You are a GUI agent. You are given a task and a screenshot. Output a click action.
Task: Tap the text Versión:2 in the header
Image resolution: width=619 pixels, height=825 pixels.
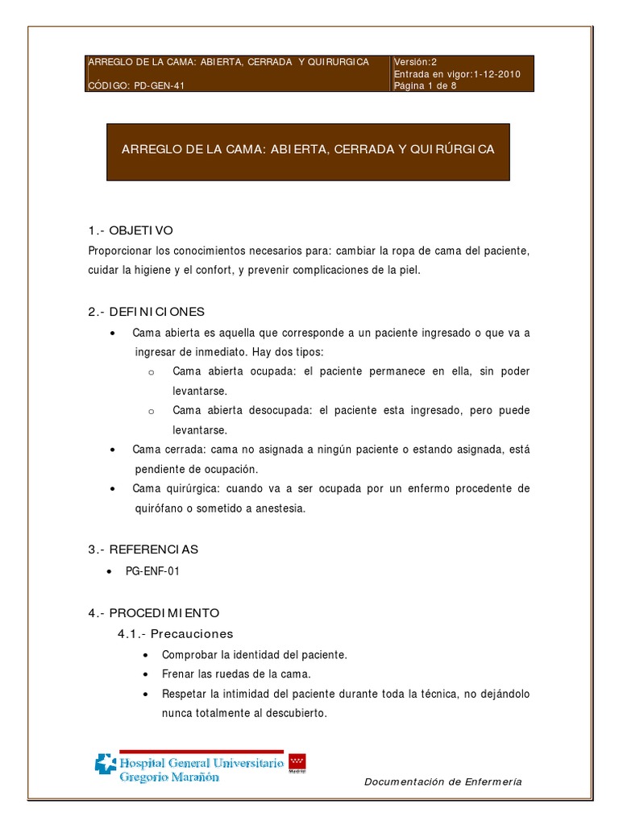click(x=415, y=62)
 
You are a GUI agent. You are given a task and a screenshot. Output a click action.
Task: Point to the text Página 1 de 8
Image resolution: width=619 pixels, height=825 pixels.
click(x=425, y=86)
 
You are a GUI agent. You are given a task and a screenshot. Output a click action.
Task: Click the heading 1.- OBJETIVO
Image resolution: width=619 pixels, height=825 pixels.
click(x=131, y=230)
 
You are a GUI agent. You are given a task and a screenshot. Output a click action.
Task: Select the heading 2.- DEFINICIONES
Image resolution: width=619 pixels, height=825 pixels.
click(x=147, y=312)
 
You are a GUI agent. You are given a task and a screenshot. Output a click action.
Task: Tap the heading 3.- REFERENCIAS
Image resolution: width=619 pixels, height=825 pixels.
click(x=143, y=549)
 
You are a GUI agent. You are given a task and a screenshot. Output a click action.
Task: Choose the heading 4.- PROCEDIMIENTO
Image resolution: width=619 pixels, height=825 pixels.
click(x=153, y=613)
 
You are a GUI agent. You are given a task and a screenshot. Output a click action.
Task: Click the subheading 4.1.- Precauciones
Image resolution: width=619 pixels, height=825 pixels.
click(x=175, y=633)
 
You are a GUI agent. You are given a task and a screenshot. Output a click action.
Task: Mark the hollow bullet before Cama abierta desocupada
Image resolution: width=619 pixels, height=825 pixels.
click(x=151, y=411)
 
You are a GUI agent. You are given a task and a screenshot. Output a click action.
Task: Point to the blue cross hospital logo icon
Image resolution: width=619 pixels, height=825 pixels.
click(x=106, y=763)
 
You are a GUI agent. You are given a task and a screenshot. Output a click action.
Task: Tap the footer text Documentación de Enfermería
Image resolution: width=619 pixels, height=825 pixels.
click(x=443, y=781)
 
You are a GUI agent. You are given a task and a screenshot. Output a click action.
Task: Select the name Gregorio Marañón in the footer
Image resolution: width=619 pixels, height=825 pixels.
click(x=168, y=777)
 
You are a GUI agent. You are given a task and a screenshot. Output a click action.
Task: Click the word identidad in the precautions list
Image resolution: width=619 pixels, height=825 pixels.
click(x=247, y=654)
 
